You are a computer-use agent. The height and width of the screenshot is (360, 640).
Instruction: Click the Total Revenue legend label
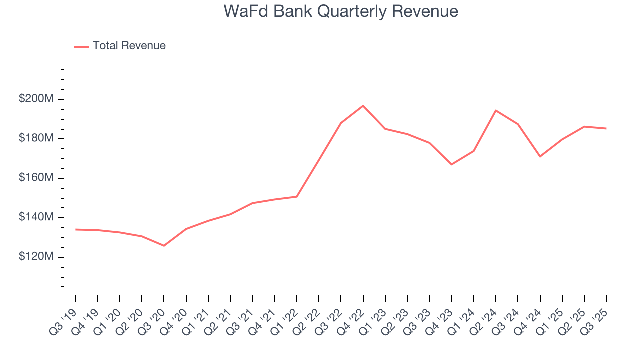click(x=129, y=46)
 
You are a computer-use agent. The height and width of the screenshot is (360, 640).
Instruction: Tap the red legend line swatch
click(x=81, y=46)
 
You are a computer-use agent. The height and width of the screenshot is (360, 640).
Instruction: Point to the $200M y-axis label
click(x=36, y=99)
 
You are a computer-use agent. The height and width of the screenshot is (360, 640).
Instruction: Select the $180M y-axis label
click(x=36, y=138)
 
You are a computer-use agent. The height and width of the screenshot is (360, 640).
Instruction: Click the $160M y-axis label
click(x=36, y=178)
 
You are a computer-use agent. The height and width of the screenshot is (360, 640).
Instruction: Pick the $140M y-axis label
click(x=36, y=217)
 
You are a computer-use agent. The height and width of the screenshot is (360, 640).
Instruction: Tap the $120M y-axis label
click(x=36, y=257)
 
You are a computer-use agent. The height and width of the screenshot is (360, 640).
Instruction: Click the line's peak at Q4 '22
click(x=363, y=106)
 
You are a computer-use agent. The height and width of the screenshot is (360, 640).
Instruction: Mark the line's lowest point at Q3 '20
click(x=164, y=245)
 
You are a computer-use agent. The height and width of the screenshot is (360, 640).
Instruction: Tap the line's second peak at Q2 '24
click(x=495, y=110)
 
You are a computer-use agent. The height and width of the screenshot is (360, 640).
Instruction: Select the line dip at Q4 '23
click(x=451, y=164)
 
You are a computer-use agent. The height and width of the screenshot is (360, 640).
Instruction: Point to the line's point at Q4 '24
click(x=540, y=156)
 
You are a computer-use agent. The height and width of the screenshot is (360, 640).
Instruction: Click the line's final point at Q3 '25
click(x=606, y=128)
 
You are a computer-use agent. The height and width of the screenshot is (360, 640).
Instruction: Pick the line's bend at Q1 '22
click(x=297, y=196)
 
